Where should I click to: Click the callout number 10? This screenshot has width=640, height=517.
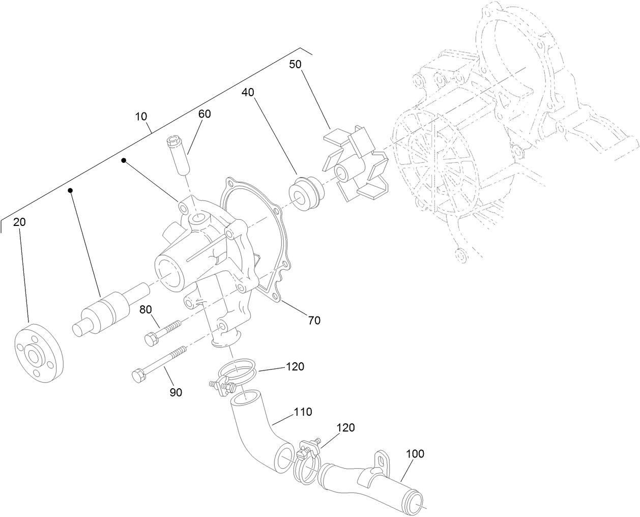(x=141, y=117)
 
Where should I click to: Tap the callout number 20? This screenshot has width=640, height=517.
(x=19, y=222)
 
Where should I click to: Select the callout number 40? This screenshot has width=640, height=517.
(x=248, y=92)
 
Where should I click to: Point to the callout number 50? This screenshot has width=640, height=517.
(x=295, y=64)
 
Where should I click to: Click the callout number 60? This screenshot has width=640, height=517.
(x=204, y=114)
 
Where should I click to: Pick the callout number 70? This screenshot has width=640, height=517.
(x=314, y=321)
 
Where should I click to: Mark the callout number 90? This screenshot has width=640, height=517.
(x=176, y=392)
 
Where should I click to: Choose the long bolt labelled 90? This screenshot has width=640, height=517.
(x=158, y=363)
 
